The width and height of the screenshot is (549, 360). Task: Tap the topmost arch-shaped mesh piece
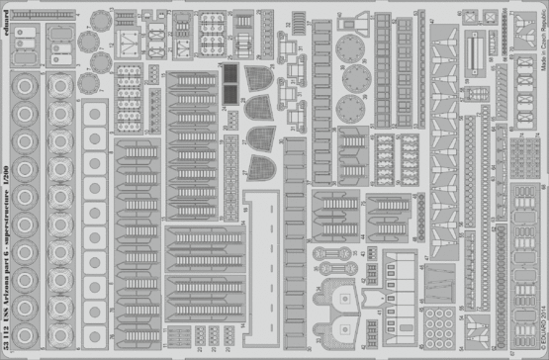pos(260,82)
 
